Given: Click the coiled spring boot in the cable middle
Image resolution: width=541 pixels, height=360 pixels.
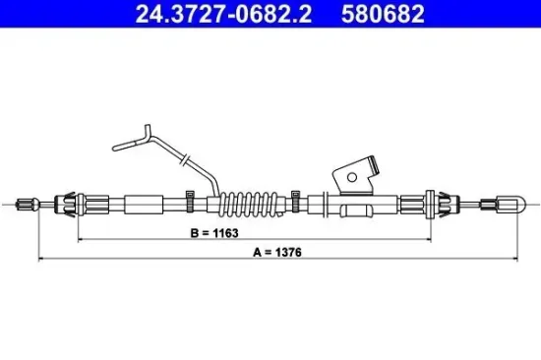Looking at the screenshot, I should click(245, 204).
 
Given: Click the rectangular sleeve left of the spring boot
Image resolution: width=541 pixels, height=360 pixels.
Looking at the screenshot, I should click(147, 205).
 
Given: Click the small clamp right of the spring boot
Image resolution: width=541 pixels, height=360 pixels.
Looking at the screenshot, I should click(294, 204).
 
